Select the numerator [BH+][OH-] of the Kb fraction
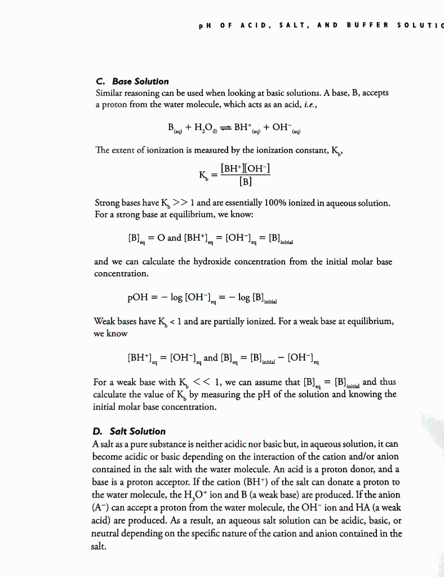[247, 168]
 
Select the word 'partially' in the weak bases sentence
[222, 322]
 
